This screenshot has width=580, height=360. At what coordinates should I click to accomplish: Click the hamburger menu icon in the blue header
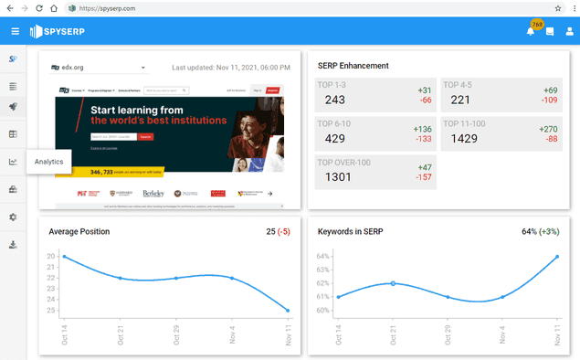point(15,31)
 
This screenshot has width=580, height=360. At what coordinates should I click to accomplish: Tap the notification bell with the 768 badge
point(531,31)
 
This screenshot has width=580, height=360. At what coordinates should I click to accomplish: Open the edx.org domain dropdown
point(143,68)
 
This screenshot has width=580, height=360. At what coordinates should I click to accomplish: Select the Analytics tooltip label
point(49,162)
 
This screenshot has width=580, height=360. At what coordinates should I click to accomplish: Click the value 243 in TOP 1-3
point(335,100)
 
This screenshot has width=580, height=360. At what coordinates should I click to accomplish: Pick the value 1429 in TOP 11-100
point(465,138)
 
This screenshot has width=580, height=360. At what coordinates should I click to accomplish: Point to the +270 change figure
point(550,129)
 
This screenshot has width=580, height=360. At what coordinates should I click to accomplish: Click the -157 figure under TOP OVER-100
point(423,176)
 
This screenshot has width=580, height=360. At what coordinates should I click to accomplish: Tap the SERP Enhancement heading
point(353,66)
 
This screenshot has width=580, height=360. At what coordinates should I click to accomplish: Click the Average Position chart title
point(79,231)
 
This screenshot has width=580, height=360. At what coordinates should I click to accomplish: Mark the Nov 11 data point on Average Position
point(288,311)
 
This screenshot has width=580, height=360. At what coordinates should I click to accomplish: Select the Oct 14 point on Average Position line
point(64,257)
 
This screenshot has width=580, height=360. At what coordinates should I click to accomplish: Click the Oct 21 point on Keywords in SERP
point(393,283)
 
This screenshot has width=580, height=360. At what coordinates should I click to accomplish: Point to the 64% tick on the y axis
point(323,257)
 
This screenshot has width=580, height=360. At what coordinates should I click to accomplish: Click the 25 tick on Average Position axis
point(51,311)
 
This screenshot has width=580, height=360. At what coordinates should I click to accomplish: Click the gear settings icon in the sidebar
point(13,217)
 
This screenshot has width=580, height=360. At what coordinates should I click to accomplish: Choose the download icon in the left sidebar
point(13,244)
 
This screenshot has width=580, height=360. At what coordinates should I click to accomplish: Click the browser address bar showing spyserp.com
point(274,7)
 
